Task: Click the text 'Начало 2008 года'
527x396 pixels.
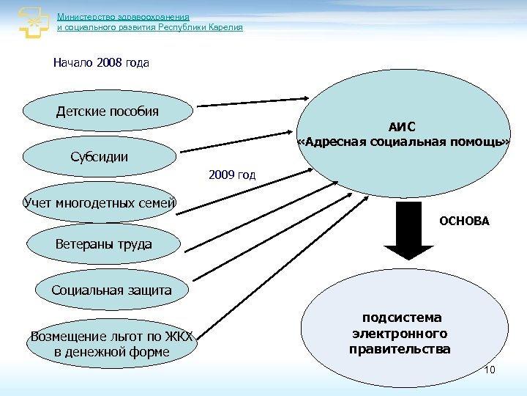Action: (101, 63)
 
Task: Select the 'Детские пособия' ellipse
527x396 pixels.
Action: (108, 111)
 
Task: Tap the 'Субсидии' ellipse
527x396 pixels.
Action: (100, 156)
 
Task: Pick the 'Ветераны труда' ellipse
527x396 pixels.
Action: (103, 244)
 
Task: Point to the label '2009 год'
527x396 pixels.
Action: (232, 175)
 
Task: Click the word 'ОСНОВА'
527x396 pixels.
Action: (464, 221)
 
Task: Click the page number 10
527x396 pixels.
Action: (490, 370)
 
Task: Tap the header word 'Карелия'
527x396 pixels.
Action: (223, 27)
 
